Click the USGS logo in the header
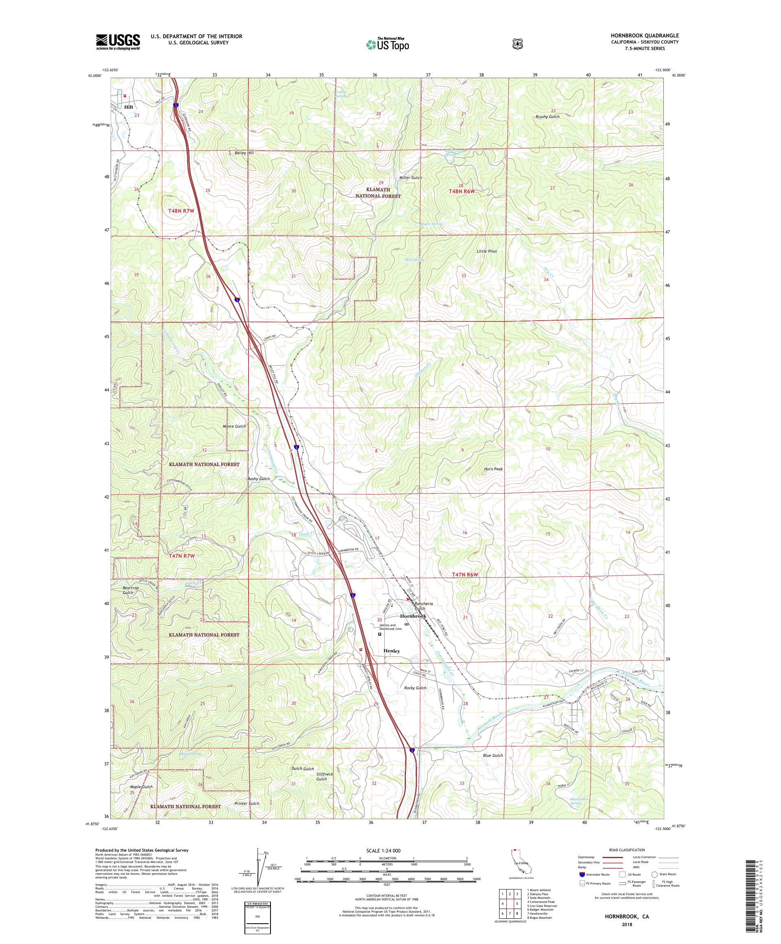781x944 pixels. (x=118, y=42)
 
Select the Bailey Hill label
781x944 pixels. (x=244, y=153)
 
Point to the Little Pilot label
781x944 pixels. (x=486, y=251)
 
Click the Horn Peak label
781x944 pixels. (x=493, y=469)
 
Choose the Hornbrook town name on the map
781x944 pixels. (x=412, y=616)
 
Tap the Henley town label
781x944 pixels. (x=391, y=651)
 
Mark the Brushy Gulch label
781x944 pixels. (x=548, y=116)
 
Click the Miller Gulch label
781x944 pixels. (x=410, y=177)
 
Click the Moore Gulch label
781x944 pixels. (x=234, y=426)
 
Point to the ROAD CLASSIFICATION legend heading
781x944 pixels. (x=626, y=850)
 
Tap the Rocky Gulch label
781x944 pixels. (x=415, y=688)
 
